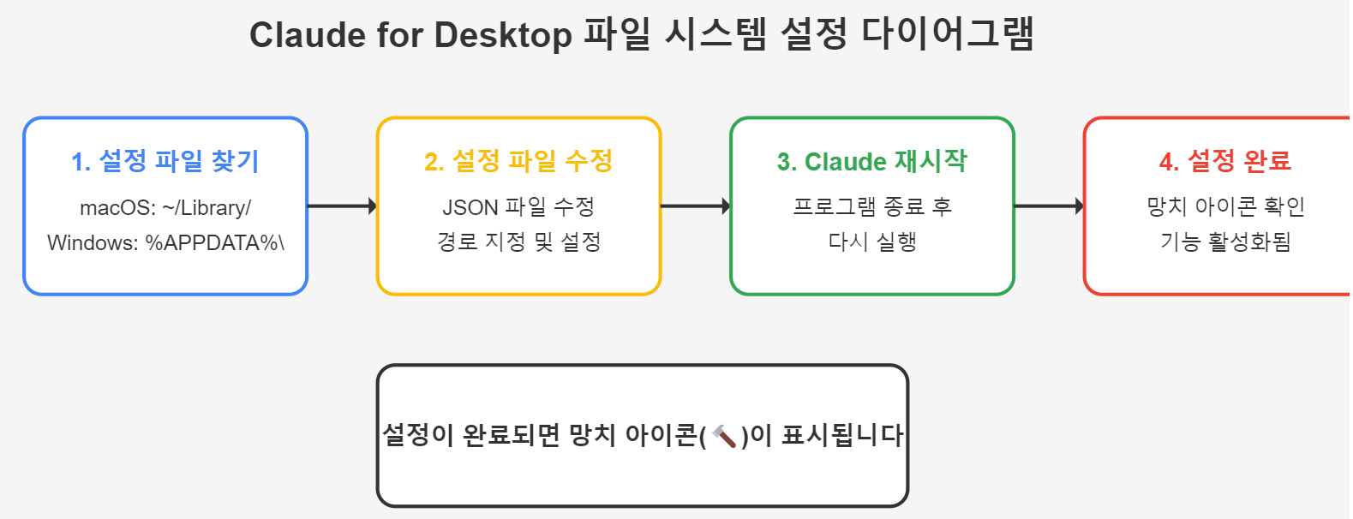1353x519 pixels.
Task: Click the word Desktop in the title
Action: pos(503,35)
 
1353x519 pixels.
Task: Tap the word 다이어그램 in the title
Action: pos(948,35)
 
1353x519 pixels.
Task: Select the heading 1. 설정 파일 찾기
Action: pos(165,161)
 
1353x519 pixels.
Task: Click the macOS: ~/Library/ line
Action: pos(165,208)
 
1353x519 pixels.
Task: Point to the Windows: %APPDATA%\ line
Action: pos(165,243)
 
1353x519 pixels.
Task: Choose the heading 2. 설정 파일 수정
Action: pos(518,161)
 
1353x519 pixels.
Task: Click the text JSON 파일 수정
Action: pos(518,207)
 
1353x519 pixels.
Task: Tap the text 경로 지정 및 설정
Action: pos(518,242)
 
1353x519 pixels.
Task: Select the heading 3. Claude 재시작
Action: pos(872,161)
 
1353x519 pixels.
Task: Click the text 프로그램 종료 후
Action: pos(872,207)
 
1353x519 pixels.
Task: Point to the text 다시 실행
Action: pos(872,242)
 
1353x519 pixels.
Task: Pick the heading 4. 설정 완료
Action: pos(1224,161)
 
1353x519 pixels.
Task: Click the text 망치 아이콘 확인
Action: pos(1225,207)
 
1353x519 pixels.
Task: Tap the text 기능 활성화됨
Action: pos(1225,242)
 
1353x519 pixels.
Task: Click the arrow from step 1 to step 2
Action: pos(342,206)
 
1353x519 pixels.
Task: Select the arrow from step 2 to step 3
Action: pos(695,206)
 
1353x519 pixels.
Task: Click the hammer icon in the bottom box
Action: pos(724,437)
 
